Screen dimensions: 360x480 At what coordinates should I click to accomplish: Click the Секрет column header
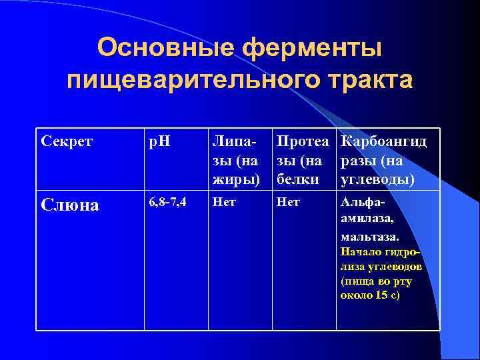(x=67, y=142)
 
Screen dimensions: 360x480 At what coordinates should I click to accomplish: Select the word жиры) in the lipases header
(x=234, y=179)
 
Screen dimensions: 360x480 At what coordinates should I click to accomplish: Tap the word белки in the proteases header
(x=294, y=179)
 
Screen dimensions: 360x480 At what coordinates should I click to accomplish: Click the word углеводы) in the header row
(x=377, y=179)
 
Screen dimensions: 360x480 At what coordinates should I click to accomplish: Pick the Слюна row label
(x=70, y=205)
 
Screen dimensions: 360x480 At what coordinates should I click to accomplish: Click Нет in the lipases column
(x=224, y=202)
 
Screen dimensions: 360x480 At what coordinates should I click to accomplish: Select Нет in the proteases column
(x=287, y=202)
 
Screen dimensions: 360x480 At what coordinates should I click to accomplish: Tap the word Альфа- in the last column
(x=363, y=202)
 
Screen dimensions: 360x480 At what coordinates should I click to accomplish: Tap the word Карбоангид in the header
(x=383, y=142)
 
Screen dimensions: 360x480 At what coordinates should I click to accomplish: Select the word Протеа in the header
(x=303, y=142)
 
